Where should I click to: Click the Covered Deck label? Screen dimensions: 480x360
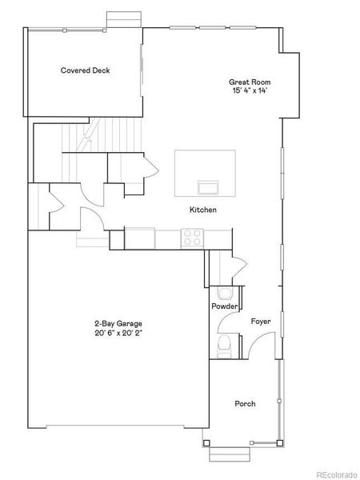click(x=86, y=70)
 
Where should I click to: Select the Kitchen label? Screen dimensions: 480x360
click(x=202, y=210)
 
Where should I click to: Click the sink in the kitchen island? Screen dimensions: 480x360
click(x=209, y=187)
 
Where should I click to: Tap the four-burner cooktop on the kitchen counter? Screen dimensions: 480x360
click(x=193, y=237)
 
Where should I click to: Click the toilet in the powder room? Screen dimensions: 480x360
click(x=225, y=345)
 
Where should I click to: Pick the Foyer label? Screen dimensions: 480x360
click(x=261, y=322)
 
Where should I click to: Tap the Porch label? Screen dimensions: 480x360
click(x=245, y=404)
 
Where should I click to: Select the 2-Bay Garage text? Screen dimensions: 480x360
click(x=118, y=324)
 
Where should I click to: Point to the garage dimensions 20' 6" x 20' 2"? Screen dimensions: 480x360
click(x=118, y=334)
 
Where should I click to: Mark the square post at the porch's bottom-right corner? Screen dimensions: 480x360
click(x=279, y=442)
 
